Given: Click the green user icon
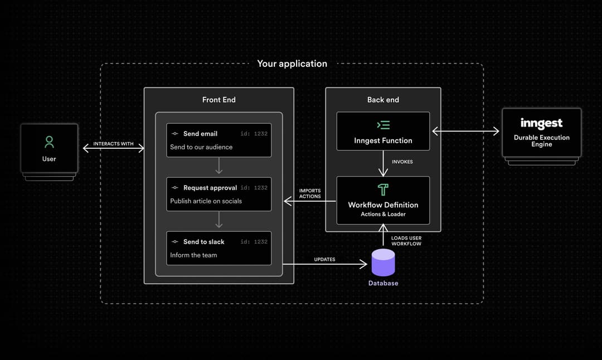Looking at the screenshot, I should (49, 142).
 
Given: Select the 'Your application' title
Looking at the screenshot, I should (292, 64).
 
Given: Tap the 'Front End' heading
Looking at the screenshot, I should (219, 100).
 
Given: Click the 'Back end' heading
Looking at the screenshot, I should (383, 100).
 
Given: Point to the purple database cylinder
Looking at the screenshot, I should (383, 262).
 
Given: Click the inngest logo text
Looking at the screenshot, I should (541, 123).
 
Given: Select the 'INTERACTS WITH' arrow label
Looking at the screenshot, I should (113, 144).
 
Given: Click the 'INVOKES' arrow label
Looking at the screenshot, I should (402, 162).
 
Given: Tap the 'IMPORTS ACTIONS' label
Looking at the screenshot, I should (310, 193).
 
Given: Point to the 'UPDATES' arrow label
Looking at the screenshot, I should (324, 259).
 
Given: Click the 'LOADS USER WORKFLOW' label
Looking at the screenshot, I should (406, 241).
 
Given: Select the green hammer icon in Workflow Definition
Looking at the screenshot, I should (383, 189).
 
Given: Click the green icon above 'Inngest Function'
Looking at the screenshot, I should (383, 125).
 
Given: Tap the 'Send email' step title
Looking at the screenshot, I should (200, 134).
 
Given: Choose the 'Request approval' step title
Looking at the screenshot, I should (210, 188).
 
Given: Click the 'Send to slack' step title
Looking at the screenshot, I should (203, 242).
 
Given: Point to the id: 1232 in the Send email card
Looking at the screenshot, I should (254, 134).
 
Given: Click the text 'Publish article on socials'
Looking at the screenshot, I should (206, 201).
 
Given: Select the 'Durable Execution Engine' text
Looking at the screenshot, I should (541, 140).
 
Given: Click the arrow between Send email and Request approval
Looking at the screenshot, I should (219, 166).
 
